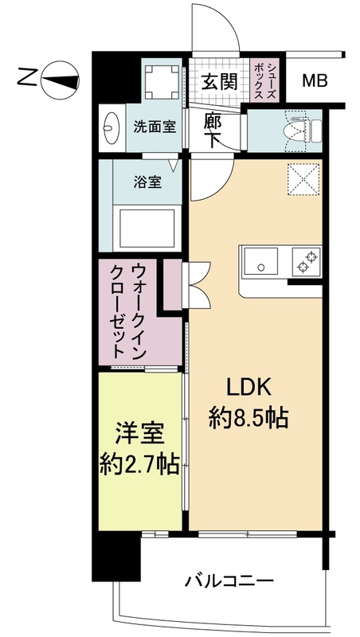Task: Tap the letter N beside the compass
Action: click(x=26, y=78)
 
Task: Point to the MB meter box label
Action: click(x=313, y=80)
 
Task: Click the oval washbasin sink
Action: click(x=111, y=127)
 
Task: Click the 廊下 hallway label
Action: click(x=212, y=131)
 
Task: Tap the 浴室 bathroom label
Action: click(x=148, y=182)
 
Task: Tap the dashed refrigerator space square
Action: click(x=303, y=178)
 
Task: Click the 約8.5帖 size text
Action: click(x=249, y=416)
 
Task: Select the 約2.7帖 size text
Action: click(x=140, y=460)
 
